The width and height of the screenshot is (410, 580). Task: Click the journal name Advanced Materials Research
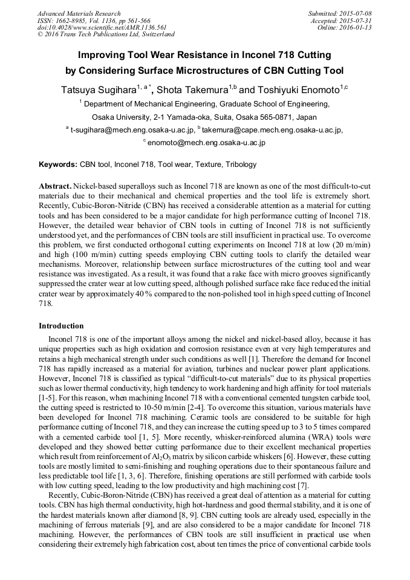[x=79, y=13]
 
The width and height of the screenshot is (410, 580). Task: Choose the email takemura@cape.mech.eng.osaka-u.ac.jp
[x=272, y=129]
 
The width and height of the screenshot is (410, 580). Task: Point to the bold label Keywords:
[x=58, y=165]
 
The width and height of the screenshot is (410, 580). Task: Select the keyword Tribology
[x=241, y=165]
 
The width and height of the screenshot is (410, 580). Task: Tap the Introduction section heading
[x=61, y=326]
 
